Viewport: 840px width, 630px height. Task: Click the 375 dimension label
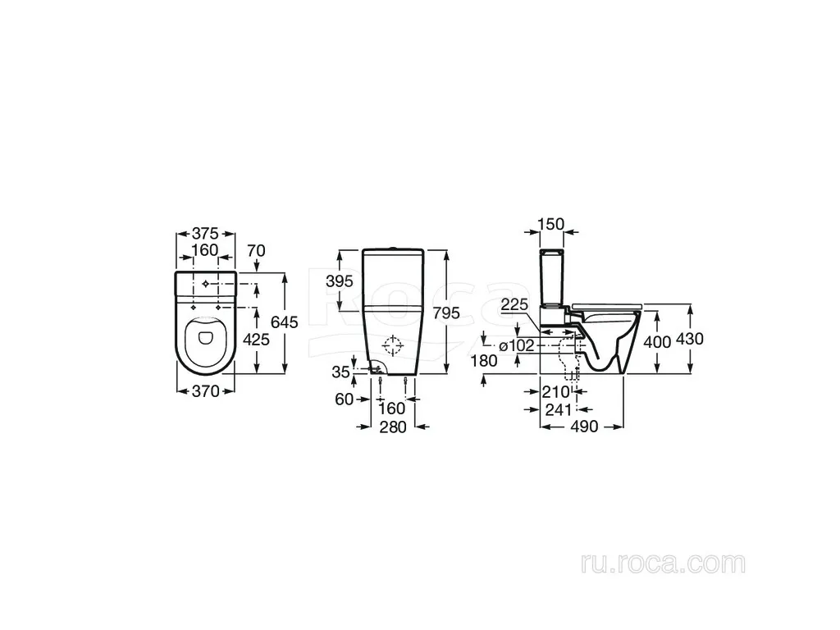[x=206, y=234]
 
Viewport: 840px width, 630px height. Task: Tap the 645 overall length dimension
[x=285, y=322]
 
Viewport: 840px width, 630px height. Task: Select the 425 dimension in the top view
[x=257, y=339]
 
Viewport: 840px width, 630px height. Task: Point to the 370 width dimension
[x=206, y=391]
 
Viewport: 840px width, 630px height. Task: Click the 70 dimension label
[x=257, y=251]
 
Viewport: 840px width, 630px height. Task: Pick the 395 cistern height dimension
[x=340, y=281]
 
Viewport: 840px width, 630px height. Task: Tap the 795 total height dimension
[x=446, y=313]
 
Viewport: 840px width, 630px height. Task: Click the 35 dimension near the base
[x=340, y=372]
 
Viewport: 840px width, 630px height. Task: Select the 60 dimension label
[x=344, y=399]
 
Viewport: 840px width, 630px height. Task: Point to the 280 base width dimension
[x=393, y=427]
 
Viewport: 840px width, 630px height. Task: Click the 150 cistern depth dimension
[x=551, y=224]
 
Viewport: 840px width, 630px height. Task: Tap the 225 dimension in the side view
[x=514, y=304]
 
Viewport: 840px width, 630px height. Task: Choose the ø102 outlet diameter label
[x=517, y=346]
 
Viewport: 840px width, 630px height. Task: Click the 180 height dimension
[x=484, y=361]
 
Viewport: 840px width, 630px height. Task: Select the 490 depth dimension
[x=584, y=427]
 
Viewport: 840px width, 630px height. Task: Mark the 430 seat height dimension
[x=690, y=339]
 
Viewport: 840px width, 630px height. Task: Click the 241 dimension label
[x=559, y=410]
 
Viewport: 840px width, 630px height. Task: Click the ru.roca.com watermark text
[x=663, y=564]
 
